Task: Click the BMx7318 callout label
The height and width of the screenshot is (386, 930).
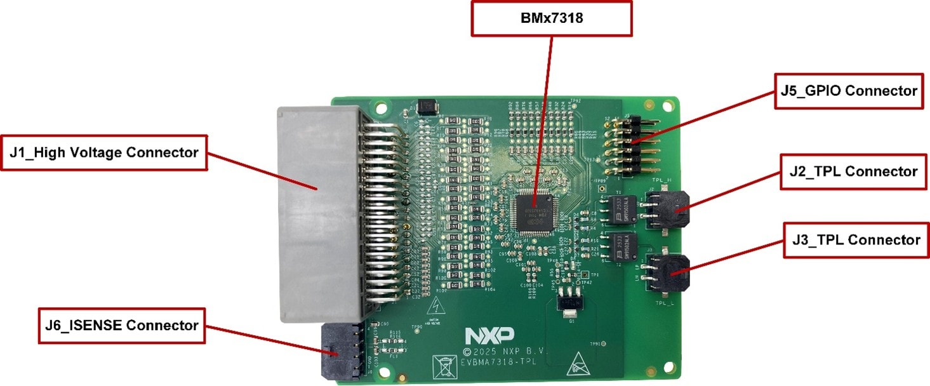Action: coord(551,18)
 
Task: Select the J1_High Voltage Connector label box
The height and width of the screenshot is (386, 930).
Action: coord(104,152)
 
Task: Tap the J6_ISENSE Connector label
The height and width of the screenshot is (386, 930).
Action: coord(122,326)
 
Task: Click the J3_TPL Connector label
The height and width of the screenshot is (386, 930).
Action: coord(852,240)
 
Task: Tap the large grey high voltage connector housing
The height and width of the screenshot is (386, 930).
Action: coord(317,213)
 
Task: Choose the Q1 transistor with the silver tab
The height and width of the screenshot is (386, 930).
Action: coord(567,303)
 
